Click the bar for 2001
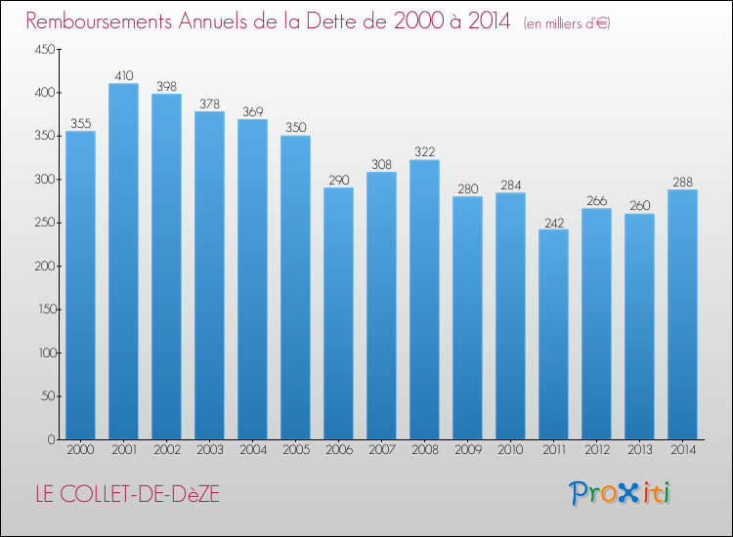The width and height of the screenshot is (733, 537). click(x=123, y=262)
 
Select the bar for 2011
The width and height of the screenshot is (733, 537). click(x=553, y=334)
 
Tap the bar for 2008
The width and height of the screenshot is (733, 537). click(x=424, y=300)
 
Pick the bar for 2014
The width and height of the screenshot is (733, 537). click(x=682, y=314)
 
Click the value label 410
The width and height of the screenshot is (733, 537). click(x=124, y=75)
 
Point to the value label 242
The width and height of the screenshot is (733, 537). click(x=554, y=224)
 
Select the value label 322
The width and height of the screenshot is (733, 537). click(x=424, y=151)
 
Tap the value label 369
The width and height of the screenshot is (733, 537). click(x=253, y=111)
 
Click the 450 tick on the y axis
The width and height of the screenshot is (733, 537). click(x=45, y=49)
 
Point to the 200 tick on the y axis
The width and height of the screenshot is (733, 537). click(x=45, y=267)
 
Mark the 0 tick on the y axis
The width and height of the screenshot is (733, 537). click(x=52, y=440)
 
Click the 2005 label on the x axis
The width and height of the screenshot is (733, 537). click(x=296, y=450)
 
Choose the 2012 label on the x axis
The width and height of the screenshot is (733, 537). click(x=597, y=450)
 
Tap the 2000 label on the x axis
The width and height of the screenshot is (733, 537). click(x=80, y=450)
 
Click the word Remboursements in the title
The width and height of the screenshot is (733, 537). click(x=99, y=21)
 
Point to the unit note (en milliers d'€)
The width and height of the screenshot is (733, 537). click(x=567, y=23)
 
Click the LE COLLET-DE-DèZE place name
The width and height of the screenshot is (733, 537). click(x=128, y=494)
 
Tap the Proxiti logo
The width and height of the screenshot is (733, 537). click(x=620, y=493)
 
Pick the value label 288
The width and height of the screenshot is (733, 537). click(x=682, y=183)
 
